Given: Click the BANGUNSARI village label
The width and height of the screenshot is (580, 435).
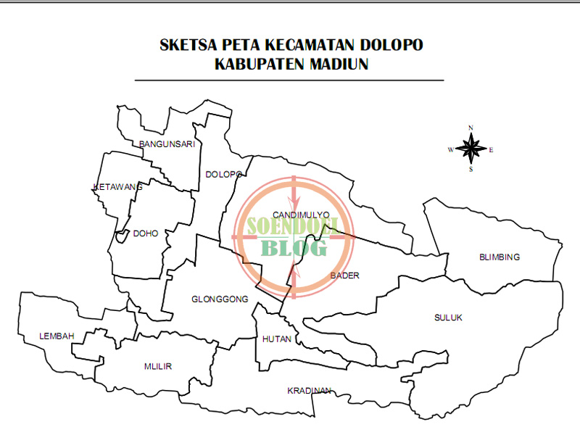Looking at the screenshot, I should (x=167, y=144).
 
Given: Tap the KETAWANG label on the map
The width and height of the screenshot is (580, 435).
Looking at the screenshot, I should (x=118, y=187).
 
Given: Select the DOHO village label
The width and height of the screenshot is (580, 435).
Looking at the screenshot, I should (x=146, y=233).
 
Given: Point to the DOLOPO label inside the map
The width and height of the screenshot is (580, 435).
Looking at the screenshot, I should (x=223, y=175).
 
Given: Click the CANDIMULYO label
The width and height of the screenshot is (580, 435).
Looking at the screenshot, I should (x=301, y=215).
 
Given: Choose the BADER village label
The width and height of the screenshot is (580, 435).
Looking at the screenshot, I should (x=344, y=275).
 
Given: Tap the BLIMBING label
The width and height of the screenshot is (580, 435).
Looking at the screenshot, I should (x=500, y=257).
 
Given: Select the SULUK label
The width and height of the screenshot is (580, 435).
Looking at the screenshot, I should (x=448, y=318).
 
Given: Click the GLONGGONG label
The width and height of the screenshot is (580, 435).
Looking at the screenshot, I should (x=220, y=299).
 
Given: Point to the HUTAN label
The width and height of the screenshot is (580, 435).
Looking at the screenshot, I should (x=277, y=339).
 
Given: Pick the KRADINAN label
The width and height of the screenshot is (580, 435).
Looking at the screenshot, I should (x=309, y=391).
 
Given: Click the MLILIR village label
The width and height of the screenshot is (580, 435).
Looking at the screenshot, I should (x=158, y=366).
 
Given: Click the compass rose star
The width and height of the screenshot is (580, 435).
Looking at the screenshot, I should (x=471, y=149).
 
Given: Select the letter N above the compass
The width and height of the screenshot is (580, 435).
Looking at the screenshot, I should (x=471, y=128).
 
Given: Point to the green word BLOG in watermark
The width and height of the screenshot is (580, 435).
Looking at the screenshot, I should (x=294, y=249).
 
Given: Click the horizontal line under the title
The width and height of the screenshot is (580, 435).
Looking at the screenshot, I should (x=289, y=80).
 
